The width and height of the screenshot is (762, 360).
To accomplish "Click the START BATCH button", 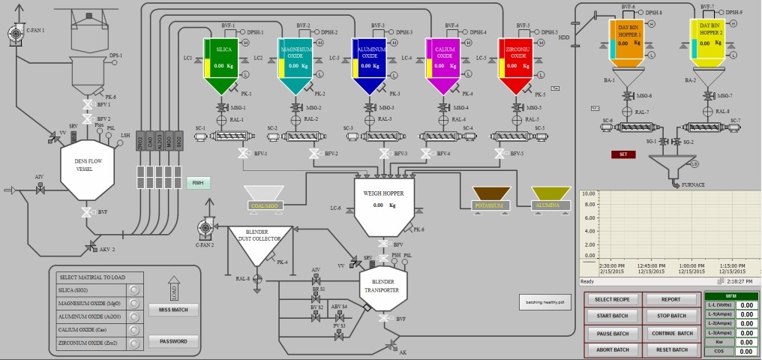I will pyautogui.click(x=612, y=316).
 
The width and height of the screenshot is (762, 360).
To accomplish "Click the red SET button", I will pyautogui.click(x=623, y=154).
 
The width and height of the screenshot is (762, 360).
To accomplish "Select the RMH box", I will pyautogui.click(x=198, y=183).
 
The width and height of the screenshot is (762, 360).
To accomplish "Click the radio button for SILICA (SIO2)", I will pyautogui.click(x=135, y=289).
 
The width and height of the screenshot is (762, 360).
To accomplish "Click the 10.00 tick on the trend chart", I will pyautogui.click(x=587, y=193).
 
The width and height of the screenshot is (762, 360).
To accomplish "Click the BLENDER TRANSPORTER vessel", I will pyautogui.click(x=383, y=288).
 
